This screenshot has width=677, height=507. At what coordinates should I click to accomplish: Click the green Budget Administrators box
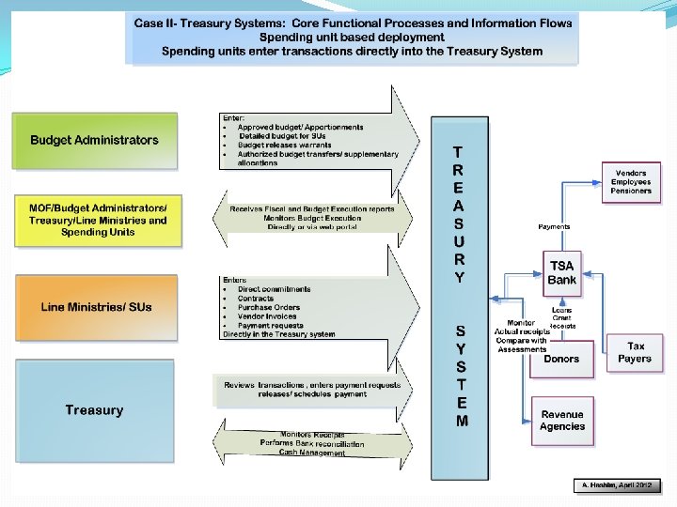point(94,141)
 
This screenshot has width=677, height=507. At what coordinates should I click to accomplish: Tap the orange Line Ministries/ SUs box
point(94,307)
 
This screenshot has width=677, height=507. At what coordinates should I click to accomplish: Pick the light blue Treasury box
point(94,409)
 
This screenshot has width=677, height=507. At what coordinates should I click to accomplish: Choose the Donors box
point(561,359)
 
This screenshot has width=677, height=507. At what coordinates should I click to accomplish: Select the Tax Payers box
point(635,352)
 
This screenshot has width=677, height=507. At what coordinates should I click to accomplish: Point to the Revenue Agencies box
point(561,420)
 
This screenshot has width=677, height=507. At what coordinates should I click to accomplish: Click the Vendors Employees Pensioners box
point(630,182)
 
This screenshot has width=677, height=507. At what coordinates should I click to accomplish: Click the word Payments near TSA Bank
point(554,226)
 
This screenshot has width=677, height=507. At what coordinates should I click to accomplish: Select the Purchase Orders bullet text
point(268,307)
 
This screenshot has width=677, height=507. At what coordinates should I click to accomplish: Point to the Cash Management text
point(312,453)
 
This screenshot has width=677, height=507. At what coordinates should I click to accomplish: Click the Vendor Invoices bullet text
point(267,316)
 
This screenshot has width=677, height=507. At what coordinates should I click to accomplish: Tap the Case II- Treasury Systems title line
point(353,22)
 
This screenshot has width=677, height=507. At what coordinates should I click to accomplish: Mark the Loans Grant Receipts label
point(562,317)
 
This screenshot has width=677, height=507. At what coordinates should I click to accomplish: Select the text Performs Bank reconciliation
point(312,443)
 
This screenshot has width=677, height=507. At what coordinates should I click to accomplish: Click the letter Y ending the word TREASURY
point(458,278)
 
